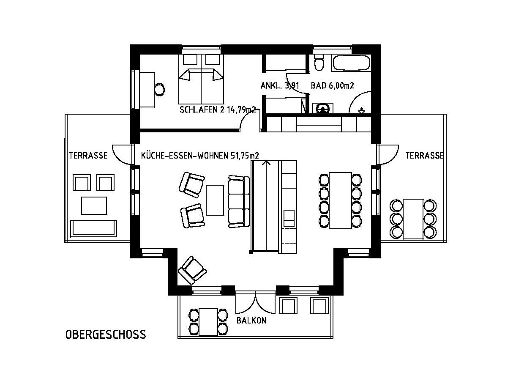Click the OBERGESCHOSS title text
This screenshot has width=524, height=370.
click(x=106, y=334)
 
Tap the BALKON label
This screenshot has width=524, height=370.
click(x=251, y=321)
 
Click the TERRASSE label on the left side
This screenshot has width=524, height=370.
click(x=88, y=155)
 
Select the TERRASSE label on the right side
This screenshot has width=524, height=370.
click(x=424, y=155)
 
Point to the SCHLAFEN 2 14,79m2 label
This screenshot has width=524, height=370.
click(x=218, y=110)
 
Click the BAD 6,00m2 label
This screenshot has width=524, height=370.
click(x=333, y=85)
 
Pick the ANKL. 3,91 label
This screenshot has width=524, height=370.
click(x=280, y=86)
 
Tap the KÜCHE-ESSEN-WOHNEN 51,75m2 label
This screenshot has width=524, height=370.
click(x=200, y=155)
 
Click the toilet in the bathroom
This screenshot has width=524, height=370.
click(x=319, y=63)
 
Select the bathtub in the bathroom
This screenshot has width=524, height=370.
click(x=351, y=62)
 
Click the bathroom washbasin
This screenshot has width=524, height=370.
click(x=323, y=108)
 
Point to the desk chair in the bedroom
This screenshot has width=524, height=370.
click(x=160, y=89)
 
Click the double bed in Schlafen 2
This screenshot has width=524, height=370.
click(x=201, y=79)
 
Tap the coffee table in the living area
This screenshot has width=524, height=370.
click(x=215, y=200)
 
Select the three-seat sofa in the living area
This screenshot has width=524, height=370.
click(x=239, y=202)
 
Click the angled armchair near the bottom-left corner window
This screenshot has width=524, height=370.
click(x=192, y=270)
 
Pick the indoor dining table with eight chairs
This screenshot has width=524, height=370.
click(x=340, y=200)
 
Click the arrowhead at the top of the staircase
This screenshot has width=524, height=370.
click(x=266, y=163)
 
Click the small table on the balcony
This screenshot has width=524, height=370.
click(x=208, y=322)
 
